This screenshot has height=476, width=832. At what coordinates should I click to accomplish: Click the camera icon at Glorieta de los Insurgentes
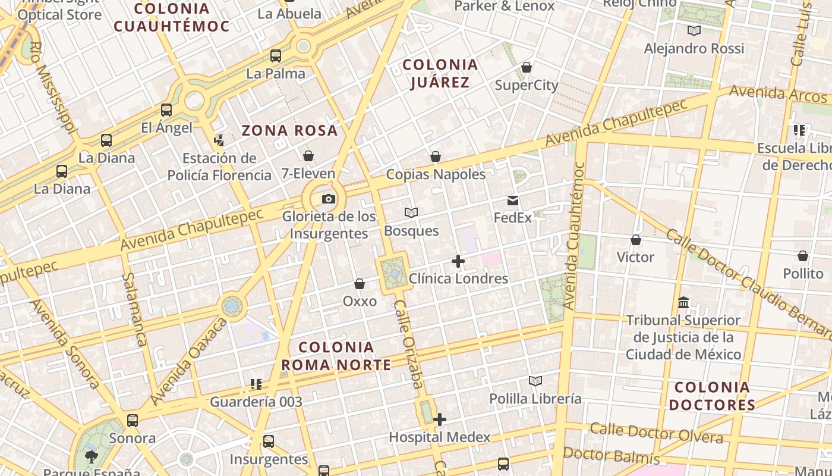[x=328, y=199]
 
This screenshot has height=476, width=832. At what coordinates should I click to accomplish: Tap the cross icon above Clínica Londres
[x=458, y=261]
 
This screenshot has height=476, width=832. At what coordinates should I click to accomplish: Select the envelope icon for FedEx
[x=513, y=201]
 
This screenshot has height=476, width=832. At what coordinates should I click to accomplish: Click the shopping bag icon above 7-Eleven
[x=308, y=156]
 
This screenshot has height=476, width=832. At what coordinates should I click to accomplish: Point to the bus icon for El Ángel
[x=166, y=110]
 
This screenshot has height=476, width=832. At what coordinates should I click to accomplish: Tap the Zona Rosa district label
[x=289, y=130]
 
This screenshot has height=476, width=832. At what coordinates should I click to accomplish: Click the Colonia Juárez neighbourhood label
[x=440, y=73]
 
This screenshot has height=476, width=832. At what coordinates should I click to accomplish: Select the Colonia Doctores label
[x=712, y=396]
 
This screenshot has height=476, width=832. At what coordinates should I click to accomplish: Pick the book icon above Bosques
[x=411, y=212]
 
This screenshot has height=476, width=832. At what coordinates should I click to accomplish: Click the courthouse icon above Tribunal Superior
[x=683, y=302]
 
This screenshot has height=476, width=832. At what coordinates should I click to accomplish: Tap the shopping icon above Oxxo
[x=360, y=284]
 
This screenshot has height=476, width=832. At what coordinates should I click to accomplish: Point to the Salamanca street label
[x=134, y=309]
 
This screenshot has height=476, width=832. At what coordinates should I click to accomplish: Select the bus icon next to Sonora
[x=133, y=421]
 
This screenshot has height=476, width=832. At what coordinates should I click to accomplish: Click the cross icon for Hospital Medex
[x=440, y=419]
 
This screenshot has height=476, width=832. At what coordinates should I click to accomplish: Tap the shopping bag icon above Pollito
[x=803, y=256]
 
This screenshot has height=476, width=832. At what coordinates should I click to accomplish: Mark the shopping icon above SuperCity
[x=526, y=67]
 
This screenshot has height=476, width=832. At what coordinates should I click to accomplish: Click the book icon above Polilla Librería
[x=535, y=381]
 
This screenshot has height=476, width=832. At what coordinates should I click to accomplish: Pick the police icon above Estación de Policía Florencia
[x=219, y=140]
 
